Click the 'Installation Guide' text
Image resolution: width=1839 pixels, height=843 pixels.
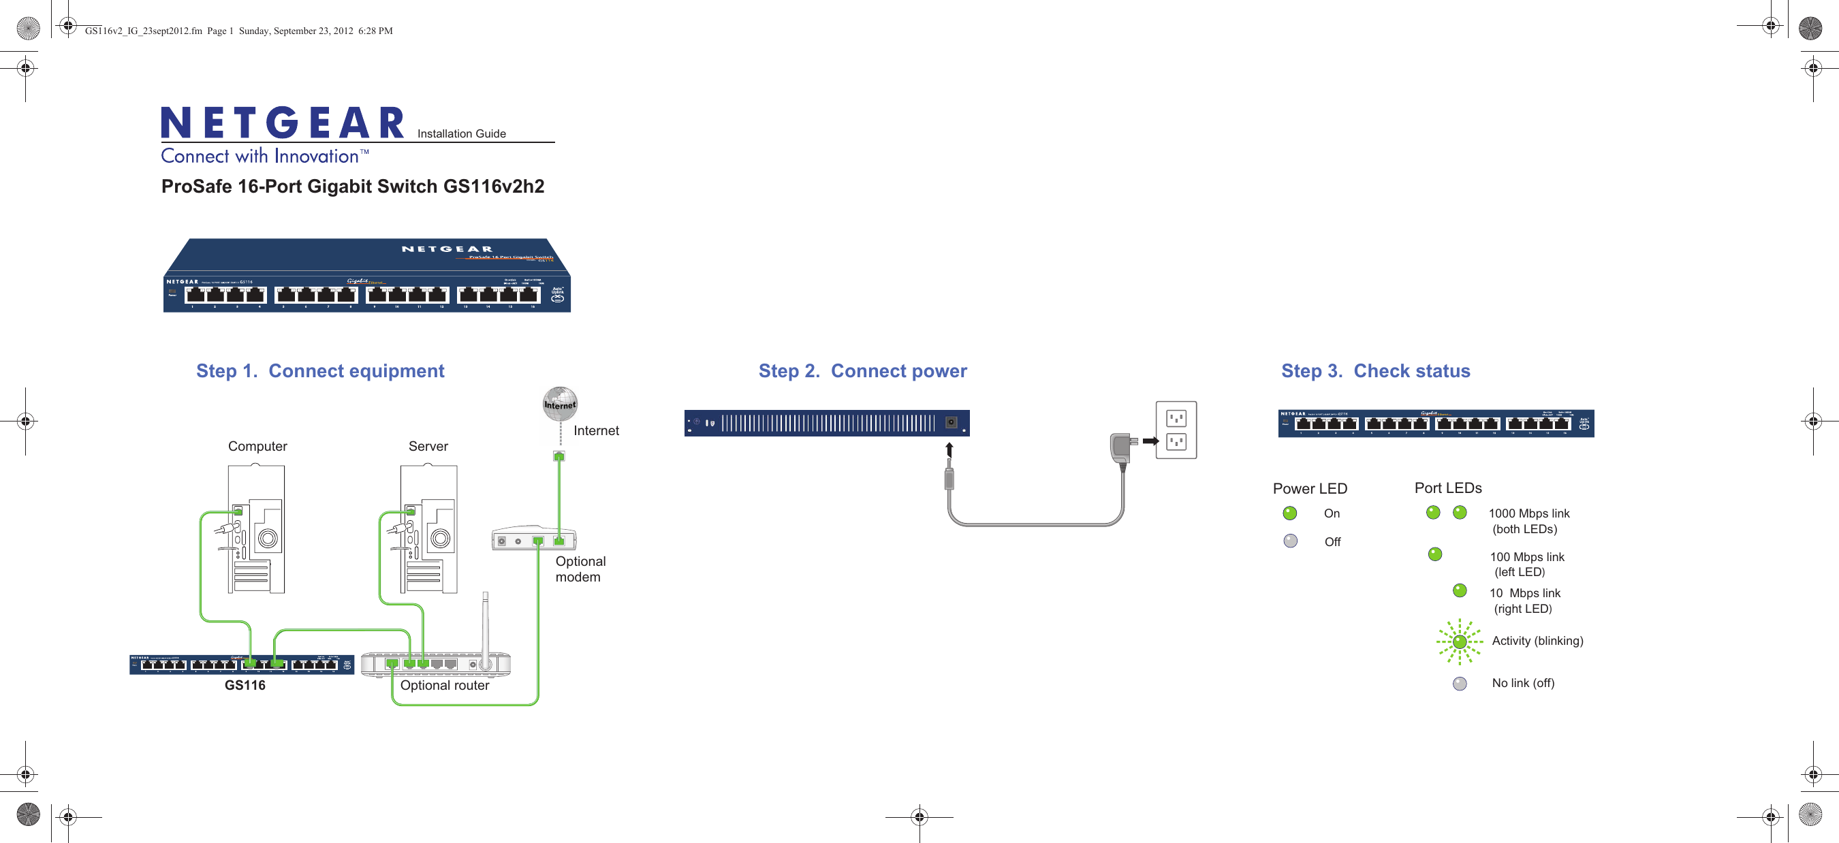coord(461,133)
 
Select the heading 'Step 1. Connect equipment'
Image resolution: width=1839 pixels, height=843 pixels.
coord(320,370)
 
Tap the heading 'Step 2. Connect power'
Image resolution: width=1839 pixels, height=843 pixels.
coord(862,370)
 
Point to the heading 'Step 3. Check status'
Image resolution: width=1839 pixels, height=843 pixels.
coord(1375,370)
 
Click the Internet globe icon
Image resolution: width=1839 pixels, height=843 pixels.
coord(560,403)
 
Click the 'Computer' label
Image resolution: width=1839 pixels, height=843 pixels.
coord(257,446)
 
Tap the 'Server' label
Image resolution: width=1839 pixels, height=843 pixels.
coord(428,446)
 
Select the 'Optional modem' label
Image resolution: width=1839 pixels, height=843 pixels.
coord(580,569)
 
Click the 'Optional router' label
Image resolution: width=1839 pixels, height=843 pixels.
coord(444,685)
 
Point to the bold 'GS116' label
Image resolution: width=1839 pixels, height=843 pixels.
coord(245,685)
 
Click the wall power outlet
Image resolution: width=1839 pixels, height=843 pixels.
coord(1176,430)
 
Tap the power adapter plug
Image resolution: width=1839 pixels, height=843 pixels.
coord(1122,447)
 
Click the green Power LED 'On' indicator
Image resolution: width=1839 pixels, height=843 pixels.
coord(1289,513)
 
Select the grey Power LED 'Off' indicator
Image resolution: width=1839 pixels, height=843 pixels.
coord(1290,541)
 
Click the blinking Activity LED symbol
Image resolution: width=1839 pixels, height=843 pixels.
coord(1459,641)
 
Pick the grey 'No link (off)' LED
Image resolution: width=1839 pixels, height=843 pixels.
coord(1459,684)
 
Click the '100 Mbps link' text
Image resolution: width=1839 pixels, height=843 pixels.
coord(1526,557)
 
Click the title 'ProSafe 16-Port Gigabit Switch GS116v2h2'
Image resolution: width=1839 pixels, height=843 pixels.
coord(353,187)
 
